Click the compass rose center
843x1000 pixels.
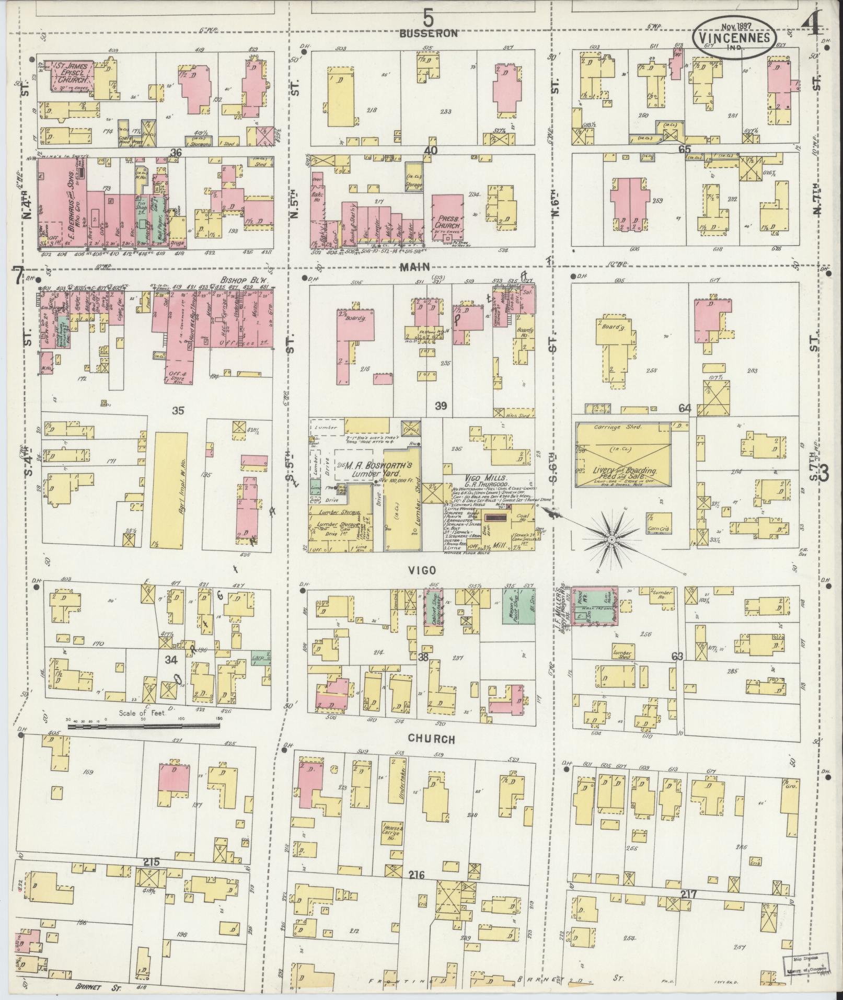click(x=610, y=538)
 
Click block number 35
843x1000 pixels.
click(x=179, y=411)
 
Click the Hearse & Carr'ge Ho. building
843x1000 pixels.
click(x=393, y=843)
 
